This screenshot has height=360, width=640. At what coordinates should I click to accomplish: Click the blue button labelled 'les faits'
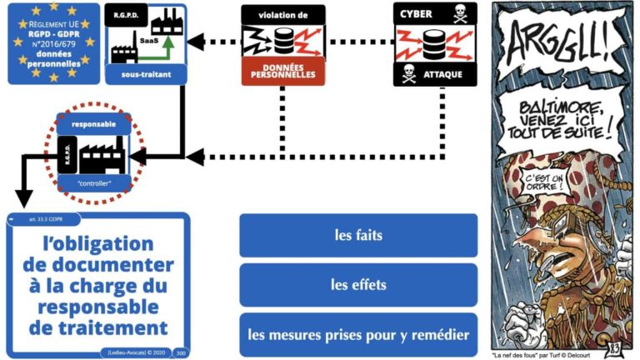pos(357,236)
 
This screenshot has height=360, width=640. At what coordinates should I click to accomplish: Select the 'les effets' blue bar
pos(357,285)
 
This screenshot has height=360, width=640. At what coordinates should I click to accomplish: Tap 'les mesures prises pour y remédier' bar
pos(357,335)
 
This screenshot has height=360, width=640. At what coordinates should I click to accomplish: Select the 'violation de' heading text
pos(283,14)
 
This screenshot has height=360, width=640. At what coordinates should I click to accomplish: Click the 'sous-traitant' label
pos(147,74)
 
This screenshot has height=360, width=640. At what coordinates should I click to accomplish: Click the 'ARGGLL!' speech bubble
pos(551,37)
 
